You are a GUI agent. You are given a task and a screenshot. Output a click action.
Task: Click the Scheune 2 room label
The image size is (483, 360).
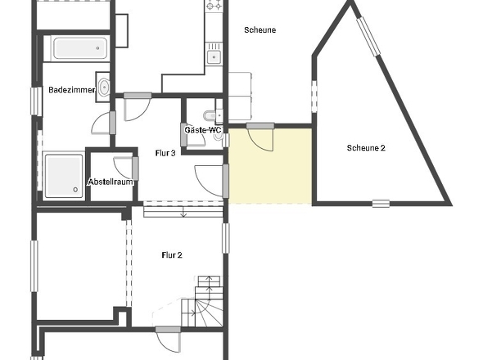point(366,148)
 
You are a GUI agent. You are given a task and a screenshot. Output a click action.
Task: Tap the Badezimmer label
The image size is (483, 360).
point(72,90)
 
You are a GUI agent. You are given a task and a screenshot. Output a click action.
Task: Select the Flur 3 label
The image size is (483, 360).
point(165,153)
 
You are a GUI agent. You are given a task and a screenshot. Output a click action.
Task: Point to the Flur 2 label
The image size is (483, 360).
point(172,255)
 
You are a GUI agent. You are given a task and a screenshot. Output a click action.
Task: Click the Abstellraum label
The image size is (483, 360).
point(111,182)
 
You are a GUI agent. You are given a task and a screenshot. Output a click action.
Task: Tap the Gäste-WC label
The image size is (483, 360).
point(203,130)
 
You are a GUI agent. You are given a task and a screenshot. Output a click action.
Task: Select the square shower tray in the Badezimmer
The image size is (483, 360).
point(64,176)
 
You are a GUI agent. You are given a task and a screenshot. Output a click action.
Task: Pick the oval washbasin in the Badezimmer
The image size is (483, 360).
point(104,87)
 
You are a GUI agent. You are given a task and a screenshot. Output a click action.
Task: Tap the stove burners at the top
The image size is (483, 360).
point(214,5)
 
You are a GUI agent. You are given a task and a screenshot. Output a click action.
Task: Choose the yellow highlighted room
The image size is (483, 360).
point(270,166)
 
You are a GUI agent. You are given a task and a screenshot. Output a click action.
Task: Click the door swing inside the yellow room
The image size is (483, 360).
point(260,140)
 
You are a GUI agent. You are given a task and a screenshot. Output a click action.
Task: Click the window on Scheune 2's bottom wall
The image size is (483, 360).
point(381,204)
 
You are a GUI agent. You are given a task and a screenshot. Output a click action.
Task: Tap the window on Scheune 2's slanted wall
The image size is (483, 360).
point(368,37)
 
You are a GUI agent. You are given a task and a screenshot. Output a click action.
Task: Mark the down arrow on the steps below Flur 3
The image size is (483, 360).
point(183,213)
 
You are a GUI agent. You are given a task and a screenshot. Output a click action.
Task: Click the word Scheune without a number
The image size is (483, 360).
point(260,30)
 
